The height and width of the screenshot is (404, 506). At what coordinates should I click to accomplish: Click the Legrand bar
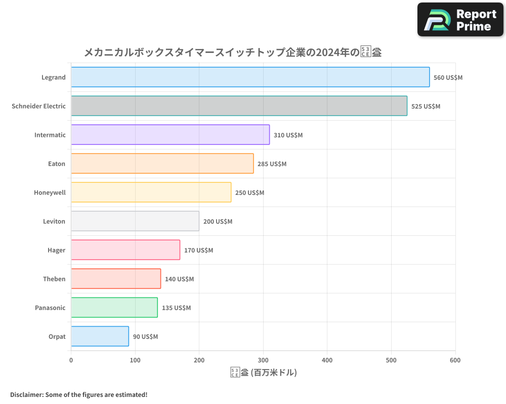250,77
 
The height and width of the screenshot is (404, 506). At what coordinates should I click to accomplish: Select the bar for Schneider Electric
239,106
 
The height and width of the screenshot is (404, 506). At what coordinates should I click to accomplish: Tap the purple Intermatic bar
170,135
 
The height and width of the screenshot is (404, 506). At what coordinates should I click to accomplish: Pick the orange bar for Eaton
162,164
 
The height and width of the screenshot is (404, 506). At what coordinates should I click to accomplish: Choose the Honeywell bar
151,192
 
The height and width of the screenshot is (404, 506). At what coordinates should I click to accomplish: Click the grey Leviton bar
135,221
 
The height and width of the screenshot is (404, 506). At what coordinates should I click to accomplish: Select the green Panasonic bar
114,308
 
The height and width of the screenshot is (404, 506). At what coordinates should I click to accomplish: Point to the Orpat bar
100,336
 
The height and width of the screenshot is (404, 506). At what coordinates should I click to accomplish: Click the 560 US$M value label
448,78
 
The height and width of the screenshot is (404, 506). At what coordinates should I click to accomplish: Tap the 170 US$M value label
198,250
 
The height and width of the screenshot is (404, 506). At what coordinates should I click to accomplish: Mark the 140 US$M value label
179,279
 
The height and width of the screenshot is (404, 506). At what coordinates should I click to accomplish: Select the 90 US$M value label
145,337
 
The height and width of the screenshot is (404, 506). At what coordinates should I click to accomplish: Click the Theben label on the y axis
54,279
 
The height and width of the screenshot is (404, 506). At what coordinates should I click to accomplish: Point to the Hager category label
56,250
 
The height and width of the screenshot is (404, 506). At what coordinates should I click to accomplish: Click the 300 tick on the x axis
263,360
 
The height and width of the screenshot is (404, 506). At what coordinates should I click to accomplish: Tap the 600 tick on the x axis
455,360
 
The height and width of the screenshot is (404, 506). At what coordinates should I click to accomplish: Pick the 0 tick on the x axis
71,360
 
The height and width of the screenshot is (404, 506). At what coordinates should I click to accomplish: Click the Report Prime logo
460,20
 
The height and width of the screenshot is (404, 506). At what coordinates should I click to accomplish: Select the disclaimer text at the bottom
79,394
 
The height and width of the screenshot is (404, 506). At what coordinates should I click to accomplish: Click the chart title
232,52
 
